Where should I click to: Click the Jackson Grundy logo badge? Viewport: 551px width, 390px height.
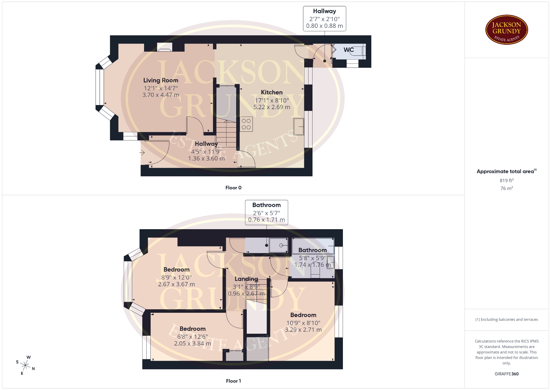tap(507, 30)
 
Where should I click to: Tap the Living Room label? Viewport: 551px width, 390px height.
tap(161, 80)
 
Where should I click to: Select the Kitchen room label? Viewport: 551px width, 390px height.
tap(272, 92)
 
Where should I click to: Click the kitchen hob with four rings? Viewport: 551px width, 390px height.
tap(246, 124)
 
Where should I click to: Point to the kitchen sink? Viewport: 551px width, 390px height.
tap(299, 126)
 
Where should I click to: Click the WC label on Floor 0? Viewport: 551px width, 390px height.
tap(349, 50)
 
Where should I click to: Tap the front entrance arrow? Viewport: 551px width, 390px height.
tap(142, 153)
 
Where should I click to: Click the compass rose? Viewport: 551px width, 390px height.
tap(26, 366)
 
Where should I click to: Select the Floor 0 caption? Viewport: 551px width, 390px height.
tap(233, 188)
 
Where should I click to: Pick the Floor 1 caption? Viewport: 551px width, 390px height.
tap(233, 381)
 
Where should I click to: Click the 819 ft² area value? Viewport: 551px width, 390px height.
tap(507, 180)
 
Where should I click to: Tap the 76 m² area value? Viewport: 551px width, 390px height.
tap(507, 188)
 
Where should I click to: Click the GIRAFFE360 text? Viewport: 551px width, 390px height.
tap(507, 374)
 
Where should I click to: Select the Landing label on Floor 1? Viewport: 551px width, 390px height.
tap(246, 279)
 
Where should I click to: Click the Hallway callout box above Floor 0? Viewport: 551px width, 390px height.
tap(325, 19)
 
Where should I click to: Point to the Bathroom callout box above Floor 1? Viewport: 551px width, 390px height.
tap(267, 213)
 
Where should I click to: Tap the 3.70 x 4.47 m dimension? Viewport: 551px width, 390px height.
tap(161, 95)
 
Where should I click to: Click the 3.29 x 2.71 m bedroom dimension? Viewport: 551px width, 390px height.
tap(303, 330)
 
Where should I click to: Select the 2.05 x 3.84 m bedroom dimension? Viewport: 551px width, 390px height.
tap(193, 343)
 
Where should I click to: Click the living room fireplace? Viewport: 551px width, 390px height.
tap(164, 47)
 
